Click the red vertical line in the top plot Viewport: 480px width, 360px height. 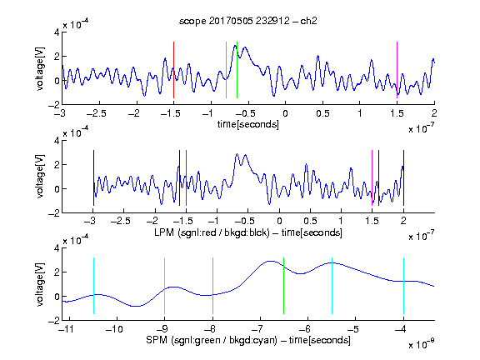point(173,70)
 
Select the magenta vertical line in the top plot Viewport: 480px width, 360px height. point(397,70)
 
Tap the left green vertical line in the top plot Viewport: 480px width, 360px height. point(226,70)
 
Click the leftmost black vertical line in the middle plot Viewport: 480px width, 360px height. point(93,177)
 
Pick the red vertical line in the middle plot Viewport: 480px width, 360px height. point(186,177)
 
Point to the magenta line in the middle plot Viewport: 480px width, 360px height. point(372,177)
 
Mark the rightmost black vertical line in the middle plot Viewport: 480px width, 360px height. point(403,177)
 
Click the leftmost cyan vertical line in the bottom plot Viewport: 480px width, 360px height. point(93,286)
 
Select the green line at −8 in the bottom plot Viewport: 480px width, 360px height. point(212,286)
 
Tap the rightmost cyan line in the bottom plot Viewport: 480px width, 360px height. point(403,286)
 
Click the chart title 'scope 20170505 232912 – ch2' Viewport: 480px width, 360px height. point(248,21)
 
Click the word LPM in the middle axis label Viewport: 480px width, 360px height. point(164,232)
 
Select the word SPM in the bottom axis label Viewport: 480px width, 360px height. point(157,340)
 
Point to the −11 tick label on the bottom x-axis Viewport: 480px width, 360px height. point(66,329)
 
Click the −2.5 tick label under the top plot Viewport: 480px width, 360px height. point(96,113)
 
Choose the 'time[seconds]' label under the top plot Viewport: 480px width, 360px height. point(248,124)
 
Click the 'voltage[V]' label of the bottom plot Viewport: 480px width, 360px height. point(40,284)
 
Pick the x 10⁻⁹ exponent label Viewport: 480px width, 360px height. point(421,344)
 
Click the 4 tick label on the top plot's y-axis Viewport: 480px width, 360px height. point(57,32)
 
